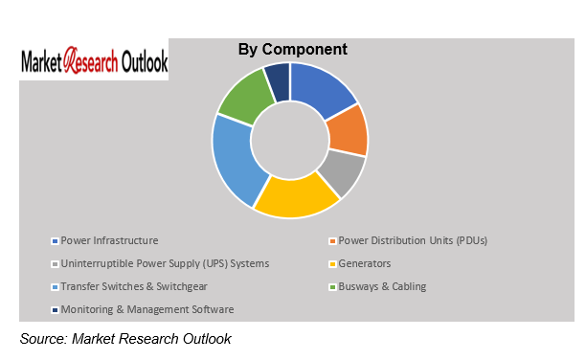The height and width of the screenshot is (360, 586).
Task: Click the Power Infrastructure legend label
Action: click(109, 240)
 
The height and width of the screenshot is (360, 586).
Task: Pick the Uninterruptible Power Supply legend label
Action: click(165, 263)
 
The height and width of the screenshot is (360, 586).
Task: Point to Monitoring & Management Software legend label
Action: click(146, 309)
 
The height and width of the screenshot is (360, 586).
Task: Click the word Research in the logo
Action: click(93, 62)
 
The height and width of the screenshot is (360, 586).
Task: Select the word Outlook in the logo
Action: click(144, 62)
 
